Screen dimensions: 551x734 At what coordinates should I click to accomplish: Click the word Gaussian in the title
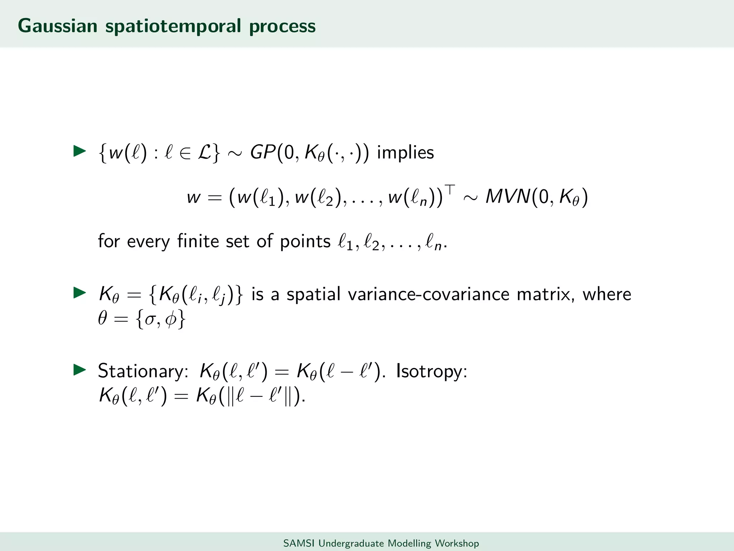point(57,26)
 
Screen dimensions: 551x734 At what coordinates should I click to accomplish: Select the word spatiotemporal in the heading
point(173,27)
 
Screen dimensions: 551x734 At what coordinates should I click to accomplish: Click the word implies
point(405,152)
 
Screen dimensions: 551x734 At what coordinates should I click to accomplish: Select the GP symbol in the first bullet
point(263,152)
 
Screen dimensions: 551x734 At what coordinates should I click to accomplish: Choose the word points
point(305,241)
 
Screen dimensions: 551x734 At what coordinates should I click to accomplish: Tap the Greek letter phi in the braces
point(171,319)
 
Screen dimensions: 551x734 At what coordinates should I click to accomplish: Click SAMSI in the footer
point(299,543)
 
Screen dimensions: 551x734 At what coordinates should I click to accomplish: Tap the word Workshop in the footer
point(457,543)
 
